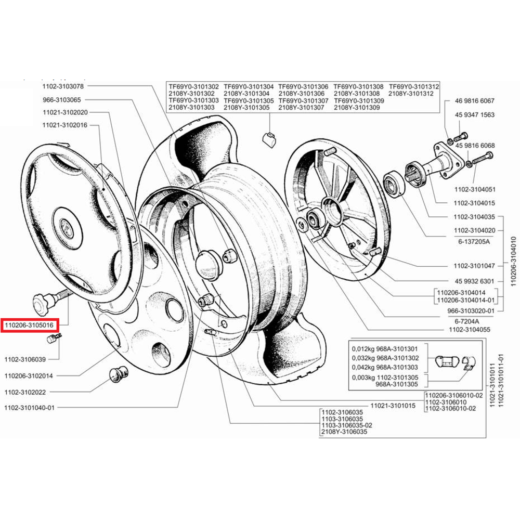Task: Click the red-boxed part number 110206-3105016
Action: tap(29, 325)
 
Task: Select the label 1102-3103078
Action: tap(63, 86)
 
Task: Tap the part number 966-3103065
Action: tap(62, 99)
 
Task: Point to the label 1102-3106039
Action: tap(25, 359)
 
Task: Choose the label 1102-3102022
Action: tap(25, 392)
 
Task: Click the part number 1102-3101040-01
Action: tap(29, 408)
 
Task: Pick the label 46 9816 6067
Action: tap(475, 100)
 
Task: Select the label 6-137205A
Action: tap(474, 241)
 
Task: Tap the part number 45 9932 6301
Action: tap(474, 281)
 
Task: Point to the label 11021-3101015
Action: tap(393, 406)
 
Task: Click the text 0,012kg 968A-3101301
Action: tap(385, 349)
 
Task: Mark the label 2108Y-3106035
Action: tap(344, 432)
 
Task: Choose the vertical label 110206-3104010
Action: tap(513, 262)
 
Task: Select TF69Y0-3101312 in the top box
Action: tap(414, 86)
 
